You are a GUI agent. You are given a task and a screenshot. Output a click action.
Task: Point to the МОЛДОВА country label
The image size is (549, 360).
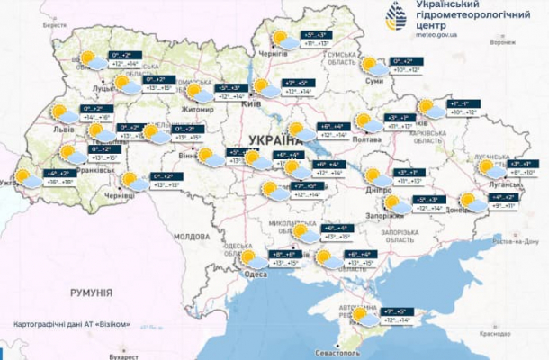[x=191, y=236]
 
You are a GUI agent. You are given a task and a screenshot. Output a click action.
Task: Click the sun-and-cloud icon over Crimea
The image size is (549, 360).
[x=364, y=315]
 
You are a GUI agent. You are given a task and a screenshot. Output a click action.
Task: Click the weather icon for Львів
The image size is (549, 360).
[x=61, y=112]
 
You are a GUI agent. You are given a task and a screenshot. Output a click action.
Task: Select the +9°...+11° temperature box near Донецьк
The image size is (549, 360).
[x=502, y=206]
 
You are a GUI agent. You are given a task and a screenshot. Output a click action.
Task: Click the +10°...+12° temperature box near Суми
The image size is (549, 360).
[x=410, y=70]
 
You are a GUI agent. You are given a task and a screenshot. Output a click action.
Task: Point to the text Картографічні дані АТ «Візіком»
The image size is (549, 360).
[x=72, y=323]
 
